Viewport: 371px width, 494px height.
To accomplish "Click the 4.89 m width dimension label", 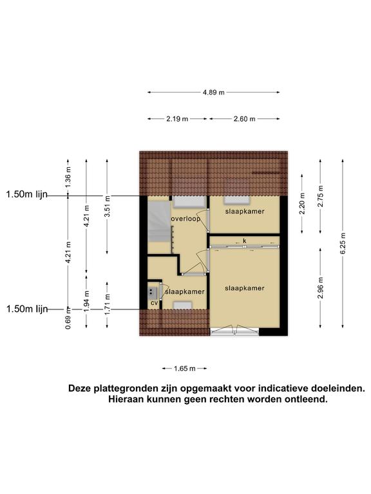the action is point(214,93).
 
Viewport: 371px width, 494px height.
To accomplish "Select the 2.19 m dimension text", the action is point(177,119).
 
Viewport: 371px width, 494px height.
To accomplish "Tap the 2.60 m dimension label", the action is point(245,119).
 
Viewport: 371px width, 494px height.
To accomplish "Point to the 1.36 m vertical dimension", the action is point(68,177).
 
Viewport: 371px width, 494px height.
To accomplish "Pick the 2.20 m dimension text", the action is point(302,203).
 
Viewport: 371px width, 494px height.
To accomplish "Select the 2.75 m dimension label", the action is point(321,196).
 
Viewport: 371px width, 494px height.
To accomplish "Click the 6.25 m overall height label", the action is point(343,243).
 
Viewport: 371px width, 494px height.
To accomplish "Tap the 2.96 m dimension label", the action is point(321,288).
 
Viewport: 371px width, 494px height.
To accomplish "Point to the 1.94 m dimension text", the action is point(87,301).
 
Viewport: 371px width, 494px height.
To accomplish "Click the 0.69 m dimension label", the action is point(68,318).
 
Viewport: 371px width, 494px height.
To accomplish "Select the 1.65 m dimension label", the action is point(185,369).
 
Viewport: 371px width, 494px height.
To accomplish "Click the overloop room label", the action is point(185,219).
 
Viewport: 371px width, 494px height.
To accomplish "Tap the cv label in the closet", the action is point(154,303).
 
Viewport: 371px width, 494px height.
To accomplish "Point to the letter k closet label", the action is point(245,241).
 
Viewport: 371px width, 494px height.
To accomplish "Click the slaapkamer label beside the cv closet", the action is point(185,292).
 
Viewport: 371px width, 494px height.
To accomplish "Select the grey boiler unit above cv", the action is point(153,293).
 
